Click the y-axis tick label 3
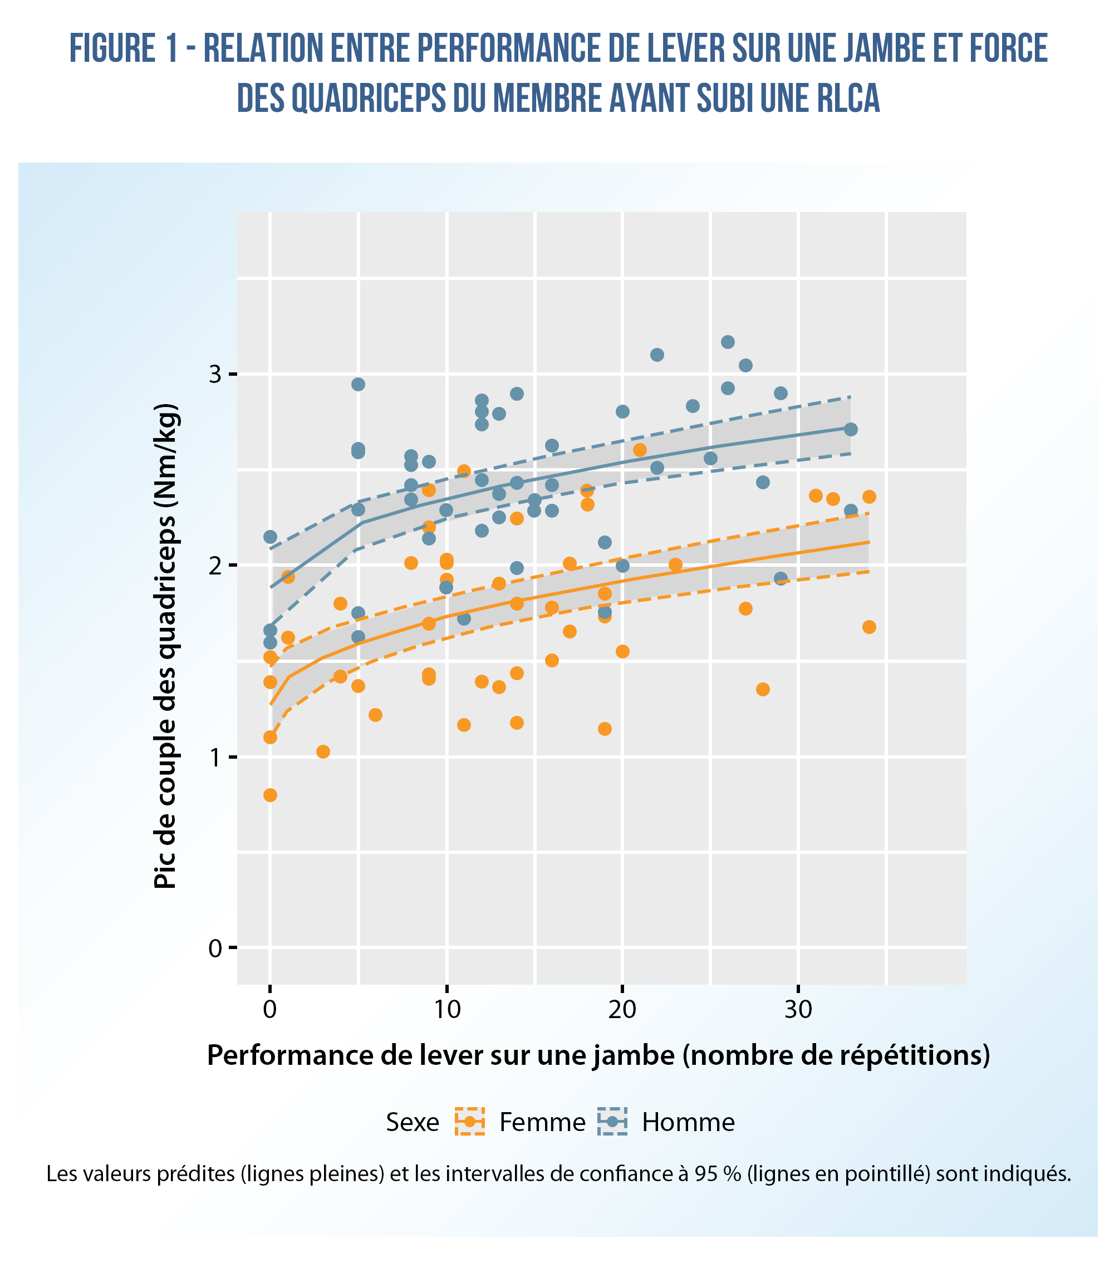coord(214,375)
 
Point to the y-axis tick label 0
coord(214,947)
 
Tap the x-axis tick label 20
coord(622,1010)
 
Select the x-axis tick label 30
coord(798,1010)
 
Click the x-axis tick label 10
coord(446,1010)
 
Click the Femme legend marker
coord(470,1122)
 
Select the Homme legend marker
coord(612,1122)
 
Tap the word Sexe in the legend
coord(412,1122)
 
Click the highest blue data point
coord(728,342)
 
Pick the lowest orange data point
coord(270,795)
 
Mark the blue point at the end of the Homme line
coord(851,430)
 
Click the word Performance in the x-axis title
coord(285,1056)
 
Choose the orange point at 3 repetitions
coord(322,751)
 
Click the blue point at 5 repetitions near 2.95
coord(358,384)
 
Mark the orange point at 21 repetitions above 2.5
coord(640,450)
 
